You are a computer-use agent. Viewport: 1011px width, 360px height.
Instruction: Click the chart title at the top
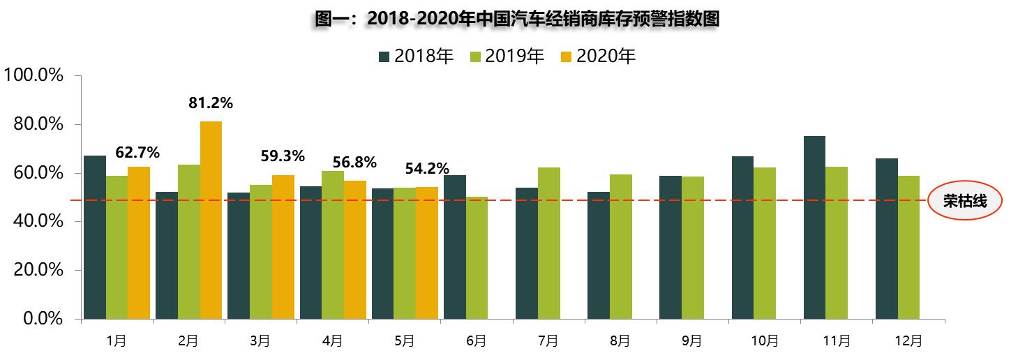[516, 19]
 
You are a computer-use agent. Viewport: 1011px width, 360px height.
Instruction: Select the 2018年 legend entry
[417, 57]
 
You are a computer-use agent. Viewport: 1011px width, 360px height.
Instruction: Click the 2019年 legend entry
[507, 57]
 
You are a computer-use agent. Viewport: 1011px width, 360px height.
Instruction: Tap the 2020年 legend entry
[598, 57]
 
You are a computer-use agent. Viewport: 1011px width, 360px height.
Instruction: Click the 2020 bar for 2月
[211, 220]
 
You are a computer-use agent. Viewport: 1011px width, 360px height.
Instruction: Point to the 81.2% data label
[211, 103]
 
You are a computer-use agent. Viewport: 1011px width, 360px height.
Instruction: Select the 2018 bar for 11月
[814, 227]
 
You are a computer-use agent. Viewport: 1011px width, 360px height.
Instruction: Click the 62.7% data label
[138, 151]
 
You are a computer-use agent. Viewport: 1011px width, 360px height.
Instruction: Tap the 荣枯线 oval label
[965, 202]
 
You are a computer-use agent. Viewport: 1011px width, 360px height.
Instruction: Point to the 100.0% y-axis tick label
[34, 75]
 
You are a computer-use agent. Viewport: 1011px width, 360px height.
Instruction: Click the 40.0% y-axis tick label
[38, 221]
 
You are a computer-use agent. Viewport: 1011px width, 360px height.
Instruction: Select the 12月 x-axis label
[908, 341]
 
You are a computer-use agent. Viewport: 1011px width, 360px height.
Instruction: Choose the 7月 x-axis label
[548, 341]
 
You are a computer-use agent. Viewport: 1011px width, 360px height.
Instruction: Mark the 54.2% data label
[427, 170]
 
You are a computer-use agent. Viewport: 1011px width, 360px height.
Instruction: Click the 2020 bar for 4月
[354, 250]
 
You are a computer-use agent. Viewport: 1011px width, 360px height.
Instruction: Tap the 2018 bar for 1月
[95, 237]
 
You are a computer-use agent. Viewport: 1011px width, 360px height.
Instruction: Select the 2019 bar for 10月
[765, 243]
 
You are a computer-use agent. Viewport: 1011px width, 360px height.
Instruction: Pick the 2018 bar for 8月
[598, 255]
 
